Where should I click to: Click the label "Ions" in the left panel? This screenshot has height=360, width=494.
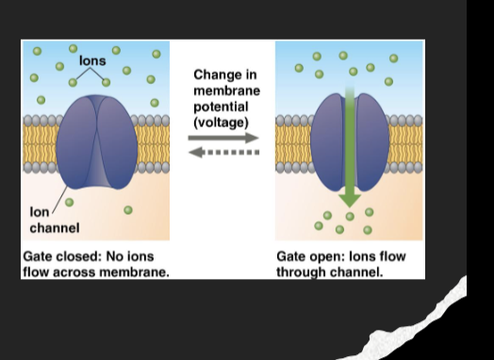[x=92, y=60]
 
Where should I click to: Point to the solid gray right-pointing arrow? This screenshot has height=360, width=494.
[x=222, y=139]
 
